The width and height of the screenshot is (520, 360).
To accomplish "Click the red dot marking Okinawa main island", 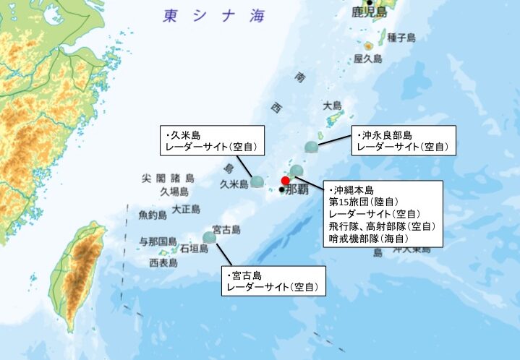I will pyautogui.click(x=286, y=180).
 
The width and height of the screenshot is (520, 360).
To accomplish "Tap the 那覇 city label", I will pyautogui.click(x=297, y=190).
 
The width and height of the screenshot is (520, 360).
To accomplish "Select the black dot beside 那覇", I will pyautogui.click(x=281, y=190).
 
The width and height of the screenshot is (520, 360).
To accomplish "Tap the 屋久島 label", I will pyautogui.click(x=367, y=59).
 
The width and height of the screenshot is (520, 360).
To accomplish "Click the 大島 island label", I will pyautogui.click(x=333, y=105).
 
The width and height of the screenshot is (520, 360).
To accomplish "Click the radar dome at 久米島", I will pyautogui.click(x=257, y=181).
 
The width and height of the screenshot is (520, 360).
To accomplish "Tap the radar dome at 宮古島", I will pyautogui.click(x=210, y=236).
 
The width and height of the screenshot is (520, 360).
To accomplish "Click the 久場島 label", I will pyautogui.click(x=174, y=192).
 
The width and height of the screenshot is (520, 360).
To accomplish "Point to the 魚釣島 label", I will pyautogui.click(x=153, y=215).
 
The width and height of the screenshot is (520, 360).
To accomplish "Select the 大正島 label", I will pyautogui.click(x=186, y=209).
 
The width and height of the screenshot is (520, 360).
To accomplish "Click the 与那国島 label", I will pyautogui.click(x=158, y=241).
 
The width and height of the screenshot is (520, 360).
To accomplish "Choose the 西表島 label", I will pyautogui.click(x=163, y=262).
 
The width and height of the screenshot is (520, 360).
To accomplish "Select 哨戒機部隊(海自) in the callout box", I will pyautogui.click(x=368, y=238).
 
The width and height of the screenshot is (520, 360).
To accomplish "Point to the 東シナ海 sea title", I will pyautogui.click(x=214, y=16).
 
